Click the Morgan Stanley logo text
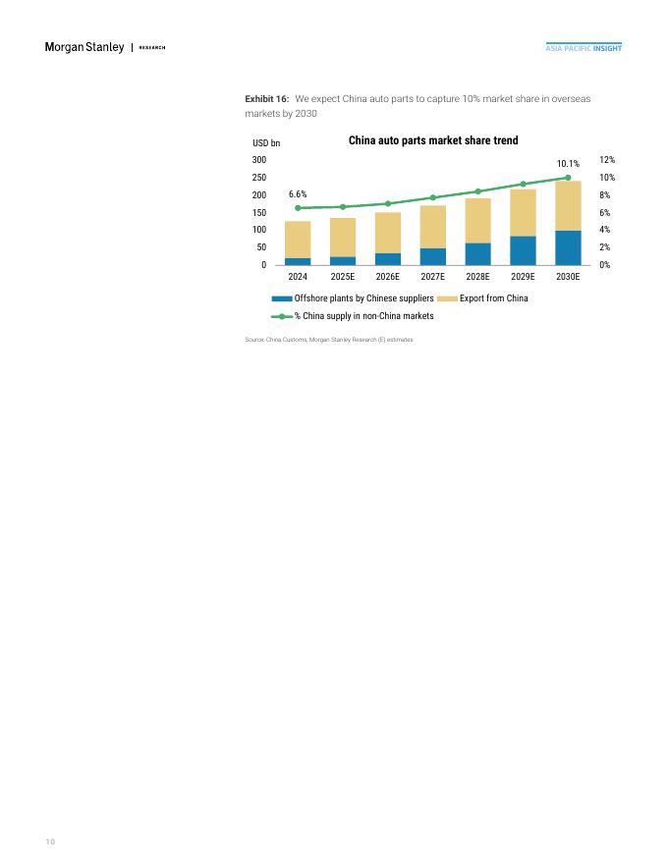[x=85, y=48]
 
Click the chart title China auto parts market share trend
[x=433, y=141]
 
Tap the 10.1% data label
[x=568, y=164]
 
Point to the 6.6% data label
[x=298, y=194]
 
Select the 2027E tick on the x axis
[x=432, y=277]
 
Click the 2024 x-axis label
[x=298, y=277]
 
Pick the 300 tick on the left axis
[x=259, y=160]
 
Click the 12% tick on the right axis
[x=608, y=160]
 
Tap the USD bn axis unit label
[x=266, y=143]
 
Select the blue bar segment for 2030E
[x=568, y=247]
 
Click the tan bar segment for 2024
[x=298, y=240]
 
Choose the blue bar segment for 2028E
[x=477, y=253]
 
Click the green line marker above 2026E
[x=388, y=203]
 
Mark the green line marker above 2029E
[x=523, y=184]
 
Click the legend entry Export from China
[x=493, y=298]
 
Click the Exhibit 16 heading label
[x=266, y=100]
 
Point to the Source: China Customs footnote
[x=329, y=340]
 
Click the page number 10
[x=50, y=841]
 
